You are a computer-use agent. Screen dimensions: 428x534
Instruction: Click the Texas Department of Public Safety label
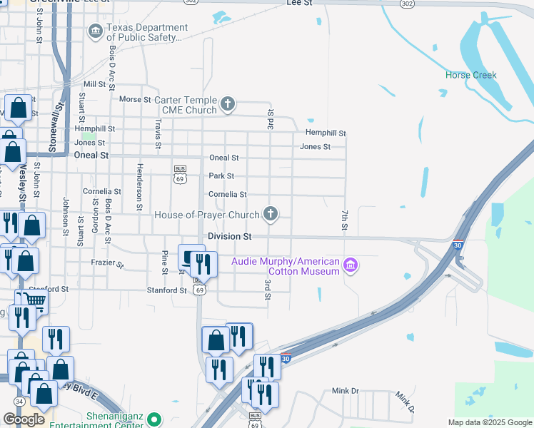coord(147,33)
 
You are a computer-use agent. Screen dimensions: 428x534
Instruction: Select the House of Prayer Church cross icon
coord(270,213)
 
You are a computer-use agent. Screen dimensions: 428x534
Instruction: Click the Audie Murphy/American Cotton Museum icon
coord(350,266)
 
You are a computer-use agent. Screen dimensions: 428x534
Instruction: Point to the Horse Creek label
coord(470,75)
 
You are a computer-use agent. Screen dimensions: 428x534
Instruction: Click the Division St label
coord(229,236)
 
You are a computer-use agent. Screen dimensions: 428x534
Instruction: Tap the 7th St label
coord(344,220)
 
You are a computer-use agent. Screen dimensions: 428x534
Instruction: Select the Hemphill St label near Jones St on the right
coord(326,133)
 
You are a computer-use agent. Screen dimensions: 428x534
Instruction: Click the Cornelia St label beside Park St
coord(227,194)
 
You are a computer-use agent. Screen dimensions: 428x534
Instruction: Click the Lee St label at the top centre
coord(299,4)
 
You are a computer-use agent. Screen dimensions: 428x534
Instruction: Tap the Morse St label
coord(135,99)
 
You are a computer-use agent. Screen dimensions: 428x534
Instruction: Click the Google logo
coord(24,419)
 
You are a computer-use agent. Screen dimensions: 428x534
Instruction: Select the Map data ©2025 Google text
coord(489,422)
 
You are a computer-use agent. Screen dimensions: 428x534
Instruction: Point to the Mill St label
coord(94,83)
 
